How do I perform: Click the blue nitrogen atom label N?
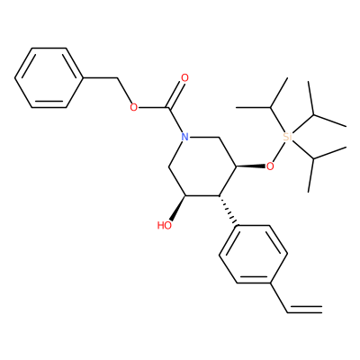tap(185, 138)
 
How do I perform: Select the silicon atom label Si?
tap(287, 137)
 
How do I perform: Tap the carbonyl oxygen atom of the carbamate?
tap(185, 78)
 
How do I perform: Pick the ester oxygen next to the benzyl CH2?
tap(134, 107)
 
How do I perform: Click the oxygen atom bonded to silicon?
tap(270, 166)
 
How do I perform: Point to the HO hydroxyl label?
tap(165, 225)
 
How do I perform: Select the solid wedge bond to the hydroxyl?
tap(177, 208)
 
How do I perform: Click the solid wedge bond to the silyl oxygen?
tap(251, 166)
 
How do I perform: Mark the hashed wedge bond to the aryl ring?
tap(228, 211)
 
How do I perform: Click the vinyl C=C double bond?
tap(305, 310)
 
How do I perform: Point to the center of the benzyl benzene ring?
tap(49, 78)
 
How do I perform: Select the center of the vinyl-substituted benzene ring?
tap(254, 255)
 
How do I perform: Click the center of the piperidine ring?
tap(202, 166)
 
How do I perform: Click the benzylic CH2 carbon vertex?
tap(118, 78)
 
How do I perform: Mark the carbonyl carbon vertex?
tap(169, 107)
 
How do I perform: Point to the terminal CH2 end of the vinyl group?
tap(322, 310)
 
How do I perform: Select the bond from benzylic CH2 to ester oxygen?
tap(124, 91)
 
